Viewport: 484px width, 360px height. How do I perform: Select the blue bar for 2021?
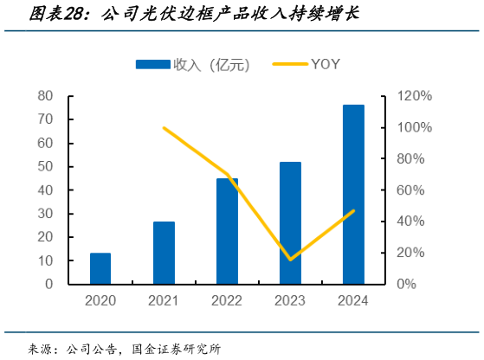(x=164, y=253)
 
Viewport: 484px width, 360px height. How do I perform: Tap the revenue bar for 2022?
(x=227, y=231)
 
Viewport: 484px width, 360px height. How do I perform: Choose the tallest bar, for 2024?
(x=353, y=195)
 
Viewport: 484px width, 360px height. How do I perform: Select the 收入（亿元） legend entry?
(x=189, y=64)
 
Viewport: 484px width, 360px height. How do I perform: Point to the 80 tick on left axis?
(x=45, y=96)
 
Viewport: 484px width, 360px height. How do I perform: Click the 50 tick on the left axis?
(x=45, y=166)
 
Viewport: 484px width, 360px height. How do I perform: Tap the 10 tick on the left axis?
(x=45, y=260)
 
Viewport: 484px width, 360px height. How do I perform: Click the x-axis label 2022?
(x=227, y=300)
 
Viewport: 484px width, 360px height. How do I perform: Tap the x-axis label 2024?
(x=353, y=300)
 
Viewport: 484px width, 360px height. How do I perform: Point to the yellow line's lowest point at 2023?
(x=290, y=259)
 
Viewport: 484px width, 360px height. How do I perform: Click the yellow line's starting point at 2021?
(x=164, y=128)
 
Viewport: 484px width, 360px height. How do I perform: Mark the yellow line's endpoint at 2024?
(x=353, y=210)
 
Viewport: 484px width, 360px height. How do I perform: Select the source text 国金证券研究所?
(x=176, y=349)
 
